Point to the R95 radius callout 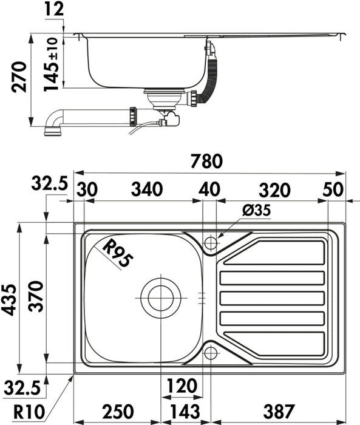click(x=117, y=254)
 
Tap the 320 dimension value click(x=273, y=189)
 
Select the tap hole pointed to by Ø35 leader click(x=211, y=243)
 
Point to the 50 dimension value click(x=333, y=189)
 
